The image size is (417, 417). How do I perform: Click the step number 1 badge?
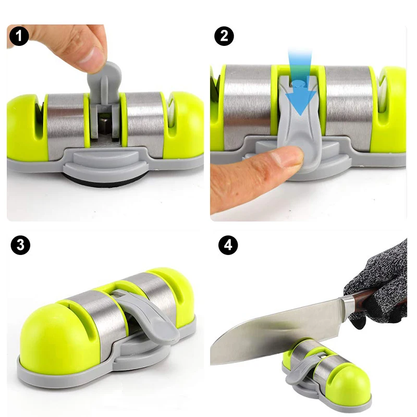19,36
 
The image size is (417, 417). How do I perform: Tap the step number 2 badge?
224,36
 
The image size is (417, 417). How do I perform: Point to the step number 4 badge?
228,245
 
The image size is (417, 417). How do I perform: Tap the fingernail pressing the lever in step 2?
293,156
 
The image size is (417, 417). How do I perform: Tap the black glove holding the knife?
381,281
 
